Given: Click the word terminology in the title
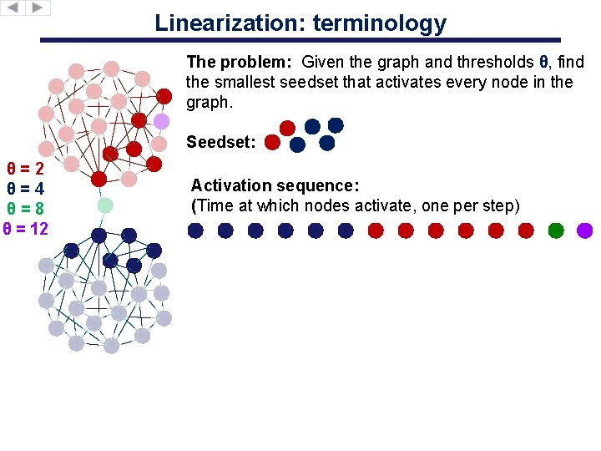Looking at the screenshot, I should coord(380,23).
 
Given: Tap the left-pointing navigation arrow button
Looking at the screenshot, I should coord(14,8).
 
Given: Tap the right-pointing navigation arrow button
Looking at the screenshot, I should coord(38,8).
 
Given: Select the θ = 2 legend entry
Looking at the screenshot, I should coord(25,169).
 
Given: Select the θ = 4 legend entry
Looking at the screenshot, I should coord(25,189).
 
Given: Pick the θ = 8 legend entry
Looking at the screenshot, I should coord(25,209).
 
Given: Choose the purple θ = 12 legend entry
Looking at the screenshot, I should coord(26,229).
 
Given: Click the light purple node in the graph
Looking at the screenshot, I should coord(162,121).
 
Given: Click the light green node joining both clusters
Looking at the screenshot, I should coord(105,205).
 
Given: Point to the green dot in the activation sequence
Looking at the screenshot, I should coord(556,230).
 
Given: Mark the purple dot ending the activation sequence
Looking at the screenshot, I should coord(584,230).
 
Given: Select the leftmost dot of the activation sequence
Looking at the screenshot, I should coord(195,230).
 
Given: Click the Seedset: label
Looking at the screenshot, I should coord(221,143).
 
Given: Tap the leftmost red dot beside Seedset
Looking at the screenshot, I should coord(271,143).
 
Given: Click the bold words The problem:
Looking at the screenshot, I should coord(240,63).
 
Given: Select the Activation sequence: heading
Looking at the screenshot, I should coord(275,185).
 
